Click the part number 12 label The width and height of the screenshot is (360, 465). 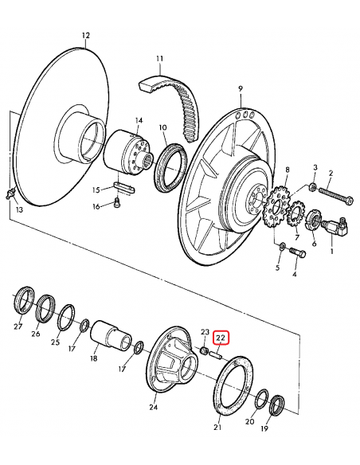pos(85,36)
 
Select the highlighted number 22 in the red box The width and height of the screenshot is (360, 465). pos(221,337)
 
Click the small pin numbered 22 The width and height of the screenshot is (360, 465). pos(215,354)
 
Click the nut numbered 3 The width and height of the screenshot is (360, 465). pos(311,187)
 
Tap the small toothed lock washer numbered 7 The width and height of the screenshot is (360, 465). pos(295,214)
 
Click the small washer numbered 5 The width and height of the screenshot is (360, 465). pos(282,245)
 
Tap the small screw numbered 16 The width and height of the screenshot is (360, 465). pos(117,204)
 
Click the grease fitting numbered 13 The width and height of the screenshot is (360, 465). pos(10,193)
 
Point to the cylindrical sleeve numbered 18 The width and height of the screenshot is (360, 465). pos(111,337)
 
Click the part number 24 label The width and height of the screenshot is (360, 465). pos(153,407)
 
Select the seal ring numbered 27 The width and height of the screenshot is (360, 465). pos(25,300)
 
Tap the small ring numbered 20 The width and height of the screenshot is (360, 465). pos(262,399)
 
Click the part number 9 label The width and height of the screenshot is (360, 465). pos(241,88)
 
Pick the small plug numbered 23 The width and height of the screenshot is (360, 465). pos(204,350)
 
